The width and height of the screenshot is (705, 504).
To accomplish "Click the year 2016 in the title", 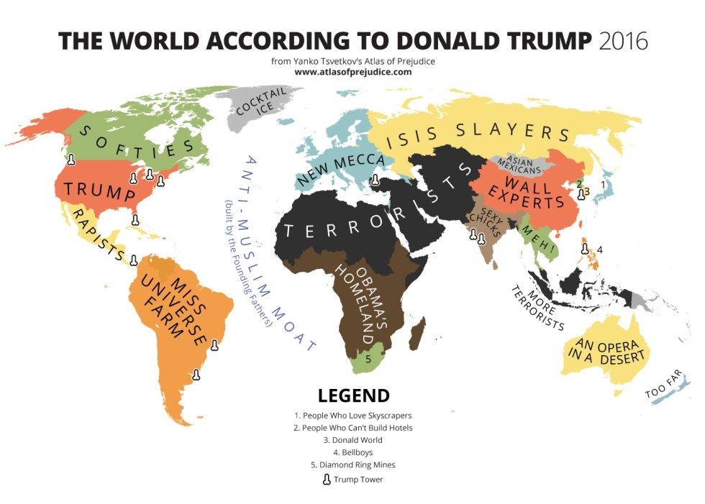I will [x=623, y=40].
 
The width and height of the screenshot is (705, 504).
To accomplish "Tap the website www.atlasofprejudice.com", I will [x=352, y=72].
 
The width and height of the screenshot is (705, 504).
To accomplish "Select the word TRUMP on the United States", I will [x=99, y=191].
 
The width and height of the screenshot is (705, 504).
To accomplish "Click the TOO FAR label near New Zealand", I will [x=663, y=389].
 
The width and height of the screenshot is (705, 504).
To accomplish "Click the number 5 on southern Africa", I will [x=368, y=357].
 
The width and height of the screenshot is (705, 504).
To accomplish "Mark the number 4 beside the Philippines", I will [x=600, y=249].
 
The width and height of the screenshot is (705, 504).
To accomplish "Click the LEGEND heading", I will [x=353, y=396].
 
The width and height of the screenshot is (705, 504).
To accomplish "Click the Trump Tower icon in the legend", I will [x=327, y=480].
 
